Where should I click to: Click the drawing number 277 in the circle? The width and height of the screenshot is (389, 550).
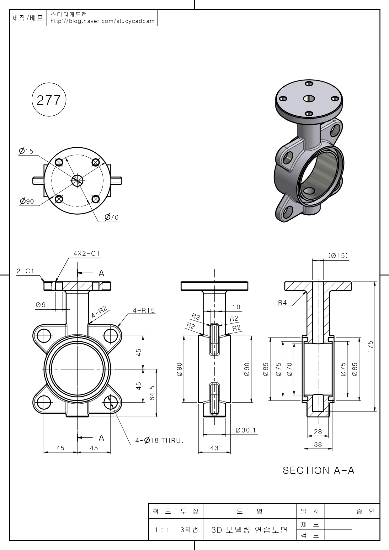tap(49, 100)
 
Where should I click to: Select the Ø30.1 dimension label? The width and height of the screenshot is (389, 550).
tap(246, 430)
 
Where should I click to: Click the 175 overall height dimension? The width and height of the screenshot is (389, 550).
tap(370, 347)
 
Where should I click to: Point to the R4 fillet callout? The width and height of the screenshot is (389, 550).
tap(282, 303)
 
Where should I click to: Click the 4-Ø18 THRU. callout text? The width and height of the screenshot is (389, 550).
tap(159, 441)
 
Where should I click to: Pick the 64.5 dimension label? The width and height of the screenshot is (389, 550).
tap(152, 393)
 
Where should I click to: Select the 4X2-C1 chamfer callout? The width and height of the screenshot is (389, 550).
tap(87, 253)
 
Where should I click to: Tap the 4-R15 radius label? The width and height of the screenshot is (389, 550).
tap(144, 311)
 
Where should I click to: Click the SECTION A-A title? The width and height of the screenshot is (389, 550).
tap(318, 470)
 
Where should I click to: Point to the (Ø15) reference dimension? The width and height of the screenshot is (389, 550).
tap(338, 256)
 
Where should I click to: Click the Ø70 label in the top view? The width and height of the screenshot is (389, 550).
tap(112, 217)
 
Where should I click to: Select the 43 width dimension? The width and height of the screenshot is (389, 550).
tap(214, 448)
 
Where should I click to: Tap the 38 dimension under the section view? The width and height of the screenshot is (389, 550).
tap(318, 444)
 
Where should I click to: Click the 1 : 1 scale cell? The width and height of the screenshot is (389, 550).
tap(162, 530)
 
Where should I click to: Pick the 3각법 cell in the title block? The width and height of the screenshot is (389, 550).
tap(189, 530)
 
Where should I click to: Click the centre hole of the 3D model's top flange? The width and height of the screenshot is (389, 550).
tap(309, 98)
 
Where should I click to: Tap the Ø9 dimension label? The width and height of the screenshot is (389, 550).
tap(41, 305)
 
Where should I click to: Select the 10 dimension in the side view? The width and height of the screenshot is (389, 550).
tap(237, 307)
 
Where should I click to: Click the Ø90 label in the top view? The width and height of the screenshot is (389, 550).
tap(27, 201)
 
